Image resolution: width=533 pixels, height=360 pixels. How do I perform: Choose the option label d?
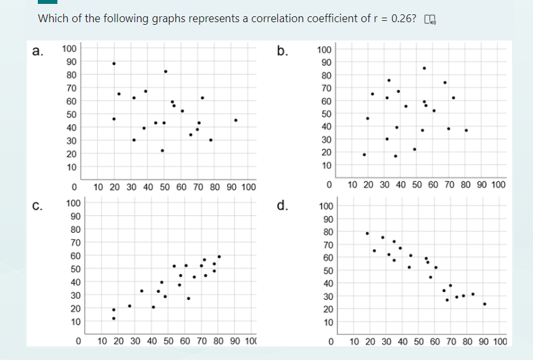[282, 207]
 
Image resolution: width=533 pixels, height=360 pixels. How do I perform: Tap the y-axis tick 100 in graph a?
[69, 48]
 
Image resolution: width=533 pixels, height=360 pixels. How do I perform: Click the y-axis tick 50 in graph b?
[324, 114]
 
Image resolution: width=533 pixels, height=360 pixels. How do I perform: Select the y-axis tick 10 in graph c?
[75, 322]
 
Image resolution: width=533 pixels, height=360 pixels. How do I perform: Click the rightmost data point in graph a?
[236, 120]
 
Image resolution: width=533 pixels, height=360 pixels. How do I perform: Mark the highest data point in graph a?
[114, 63]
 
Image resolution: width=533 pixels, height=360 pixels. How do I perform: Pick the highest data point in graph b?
[424, 68]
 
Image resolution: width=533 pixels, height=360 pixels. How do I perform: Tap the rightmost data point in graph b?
[466, 130]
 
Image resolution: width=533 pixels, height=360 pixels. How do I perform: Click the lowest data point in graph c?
[114, 318]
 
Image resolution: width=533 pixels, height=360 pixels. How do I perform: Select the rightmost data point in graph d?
[485, 304]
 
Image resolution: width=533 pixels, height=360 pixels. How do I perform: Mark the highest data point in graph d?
[367, 233]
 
